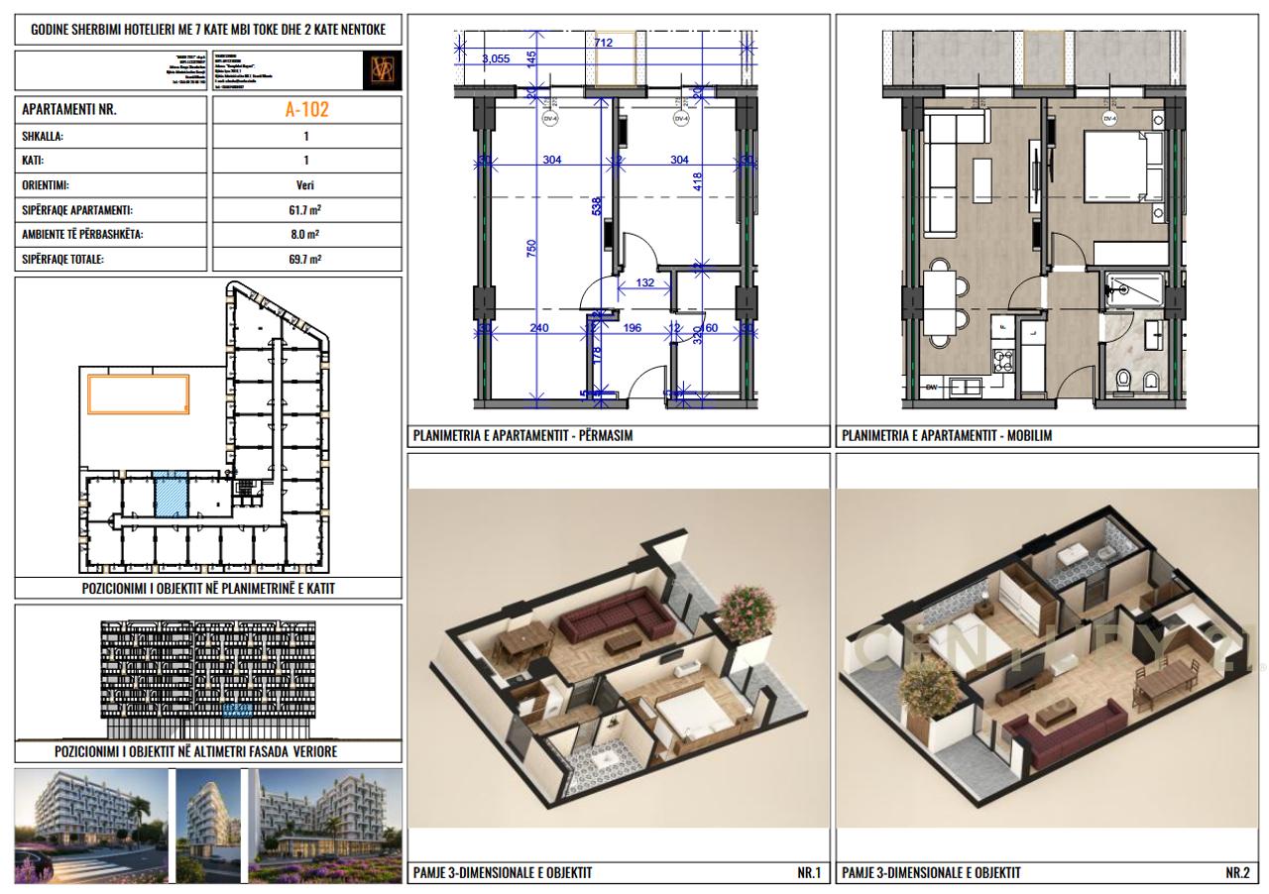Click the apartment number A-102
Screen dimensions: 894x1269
pyautogui.click(x=305, y=110)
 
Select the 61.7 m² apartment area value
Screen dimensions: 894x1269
pyautogui.click(x=305, y=210)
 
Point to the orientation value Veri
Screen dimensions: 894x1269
pyautogui.click(x=305, y=185)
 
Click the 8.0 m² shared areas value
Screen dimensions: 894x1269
pyautogui.click(x=305, y=235)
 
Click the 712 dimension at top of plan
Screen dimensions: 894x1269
pyautogui.click(x=603, y=42)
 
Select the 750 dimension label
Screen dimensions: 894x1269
pyautogui.click(x=531, y=251)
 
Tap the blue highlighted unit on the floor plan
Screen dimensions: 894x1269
pyautogui.click(x=171, y=495)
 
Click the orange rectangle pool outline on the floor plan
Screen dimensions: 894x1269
pyautogui.click(x=140, y=392)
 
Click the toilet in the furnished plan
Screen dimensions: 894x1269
pyautogui.click(x=1123, y=379)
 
